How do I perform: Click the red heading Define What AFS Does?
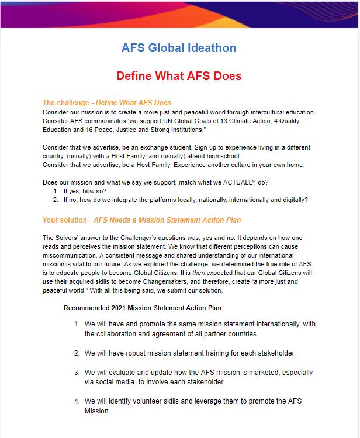coord(179,76)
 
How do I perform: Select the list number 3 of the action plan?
coord(77,373)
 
